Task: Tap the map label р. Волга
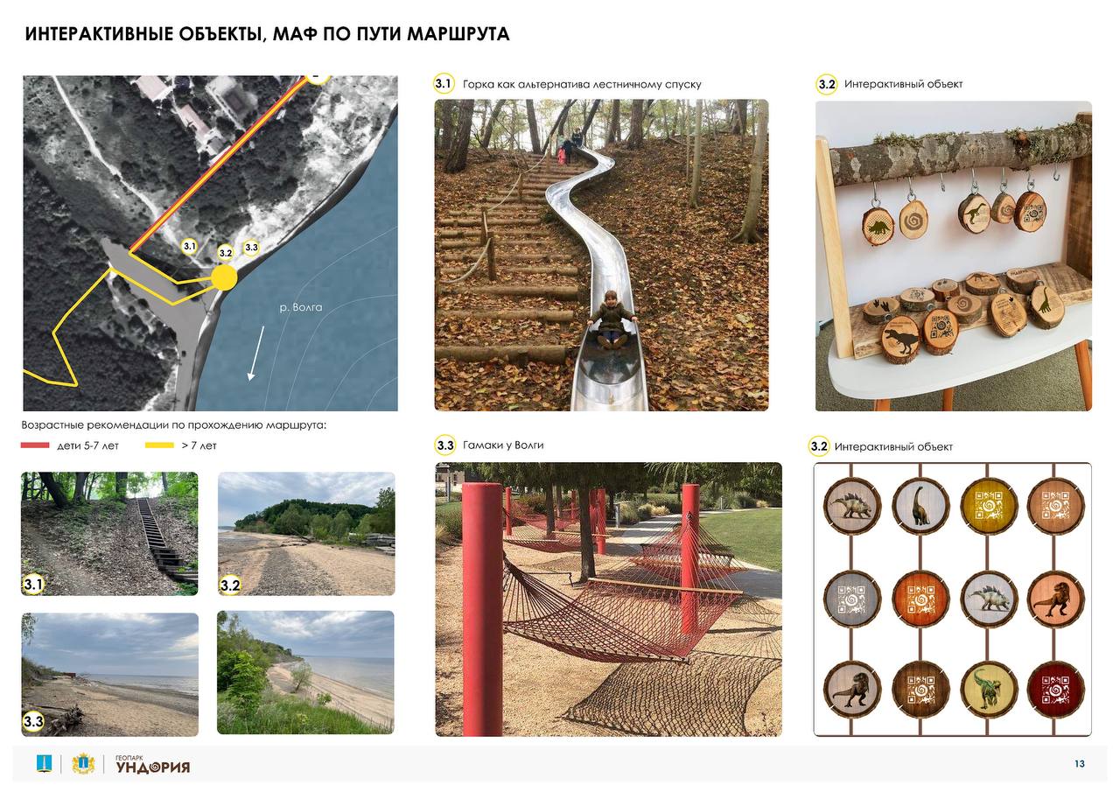[x=300, y=307]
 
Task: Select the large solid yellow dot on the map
[x=225, y=277]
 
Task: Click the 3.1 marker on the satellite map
[x=190, y=246]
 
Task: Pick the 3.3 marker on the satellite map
[x=251, y=248]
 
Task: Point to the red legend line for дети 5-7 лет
[x=35, y=445]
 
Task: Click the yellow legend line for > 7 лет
[x=159, y=445]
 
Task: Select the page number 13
[x=1080, y=763]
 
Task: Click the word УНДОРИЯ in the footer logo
[x=153, y=767]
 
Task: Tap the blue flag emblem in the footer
[x=44, y=764]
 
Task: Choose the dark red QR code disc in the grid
[x=1055, y=690]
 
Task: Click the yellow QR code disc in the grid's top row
[x=989, y=506]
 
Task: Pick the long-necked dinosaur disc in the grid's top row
[x=920, y=506]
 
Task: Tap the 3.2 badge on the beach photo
[x=230, y=585]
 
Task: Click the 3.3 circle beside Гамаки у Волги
[x=444, y=445]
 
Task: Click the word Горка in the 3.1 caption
[x=478, y=85]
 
